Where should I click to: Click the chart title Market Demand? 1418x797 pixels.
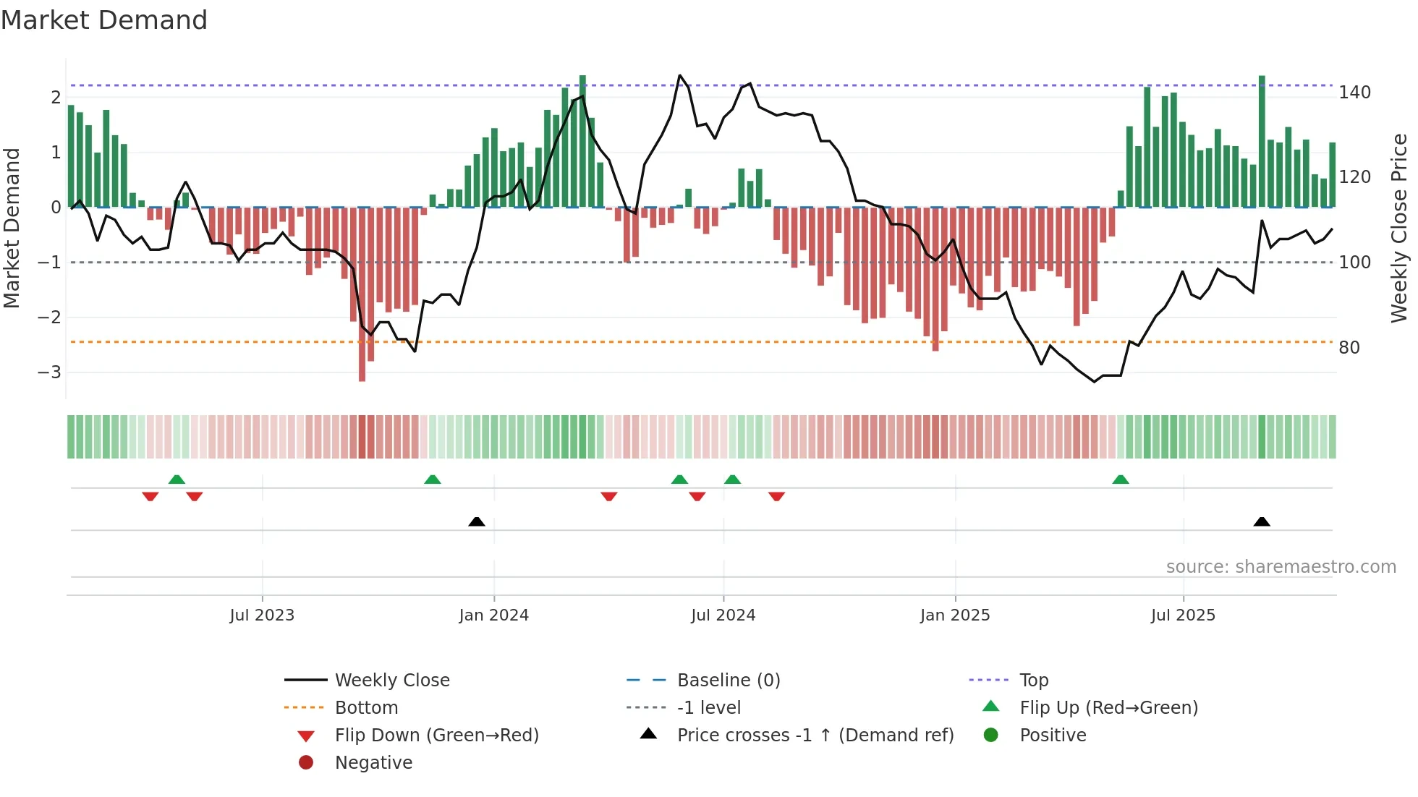pyautogui.click(x=104, y=20)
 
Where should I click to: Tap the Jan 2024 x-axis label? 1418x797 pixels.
pyautogui.click(x=493, y=615)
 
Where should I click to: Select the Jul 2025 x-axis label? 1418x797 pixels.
pyautogui.click(x=1183, y=615)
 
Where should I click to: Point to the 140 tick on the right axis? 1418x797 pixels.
pyautogui.click(x=1354, y=93)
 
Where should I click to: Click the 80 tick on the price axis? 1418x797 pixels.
pyautogui.click(x=1349, y=348)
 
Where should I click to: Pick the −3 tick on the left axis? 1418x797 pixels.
pyautogui.click(x=49, y=372)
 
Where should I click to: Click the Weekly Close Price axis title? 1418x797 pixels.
pyautogui.click(x=1399, y=228)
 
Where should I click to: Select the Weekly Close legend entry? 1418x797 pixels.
pyautogui.click(x=392, y=681)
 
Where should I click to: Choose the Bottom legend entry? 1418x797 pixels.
pyautogui.click(x=366, y=708)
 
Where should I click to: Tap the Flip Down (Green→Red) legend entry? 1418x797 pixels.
pyautogui.click(x=436, y=736)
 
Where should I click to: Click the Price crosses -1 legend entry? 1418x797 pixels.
pyautogui.click(x=815, y=736)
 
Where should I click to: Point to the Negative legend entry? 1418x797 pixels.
pyautogui.click(x=373, y=763)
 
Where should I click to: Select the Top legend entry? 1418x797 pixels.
pyautogui.click(x=1034, y=681)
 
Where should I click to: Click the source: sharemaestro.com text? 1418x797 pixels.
pyautogui.click(x=1281, y=567)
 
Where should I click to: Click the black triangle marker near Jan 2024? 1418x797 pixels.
pyautogui.click(x=477, y=521)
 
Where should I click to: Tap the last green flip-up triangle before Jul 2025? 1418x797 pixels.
pyautogui.click(x=1121, y=480)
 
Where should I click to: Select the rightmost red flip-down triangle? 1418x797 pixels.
pyautogui.click(x=776, y=496)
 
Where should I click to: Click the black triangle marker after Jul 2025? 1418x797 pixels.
pyautogui.click(x=1262, y=521)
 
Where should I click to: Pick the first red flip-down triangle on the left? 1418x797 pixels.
pyautogui.click(x=150, y=496)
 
